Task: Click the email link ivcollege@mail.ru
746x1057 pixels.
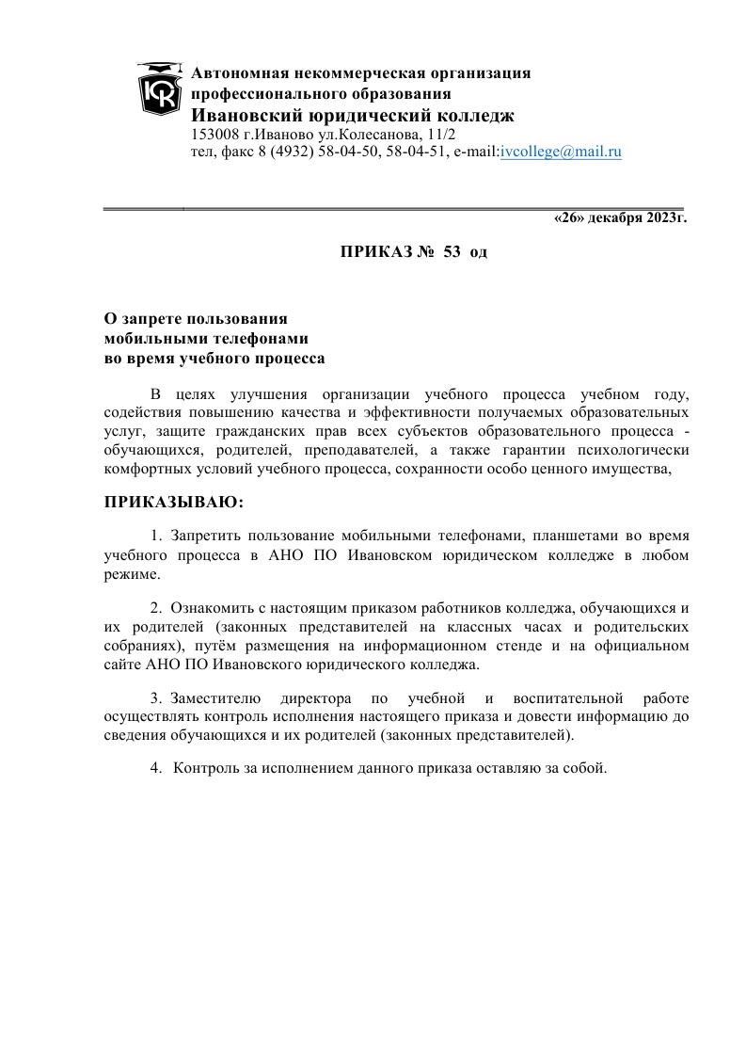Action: pos(561,151)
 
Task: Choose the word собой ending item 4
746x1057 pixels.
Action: pos(583,768)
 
